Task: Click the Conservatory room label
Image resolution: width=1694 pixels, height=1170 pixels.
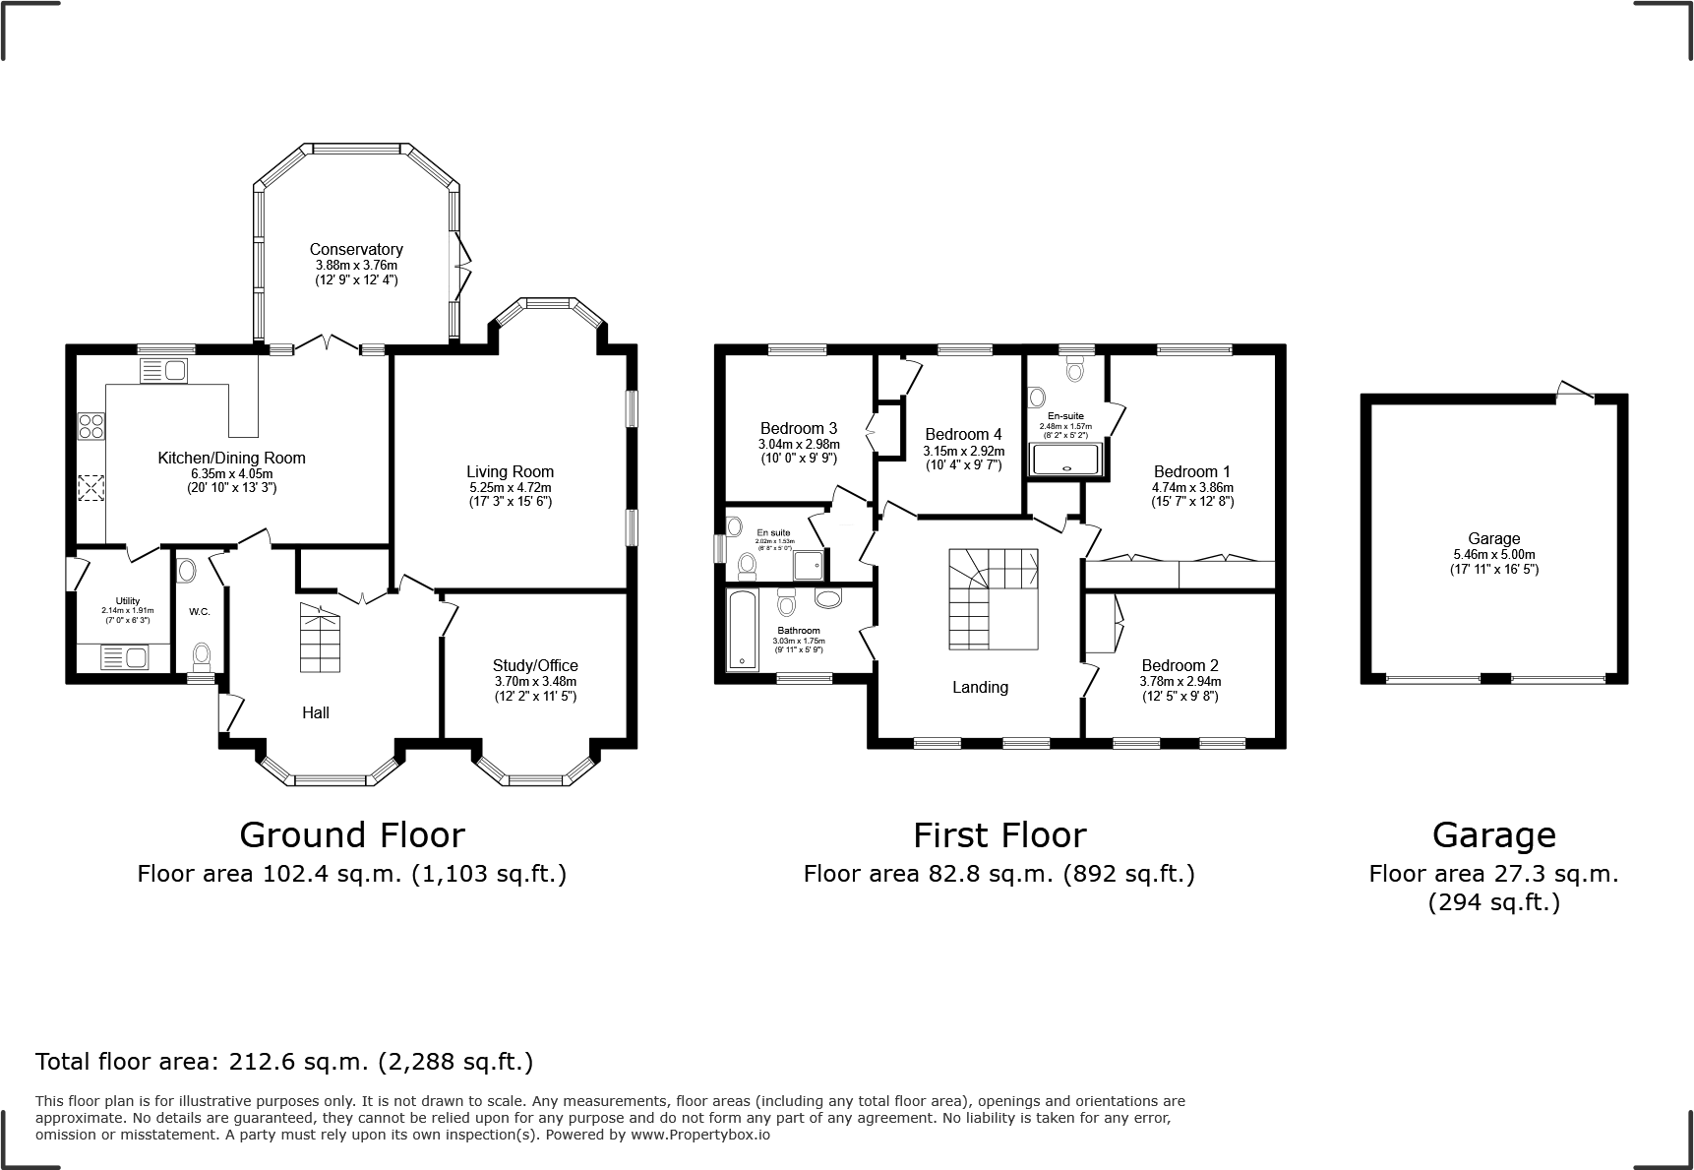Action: (356, 249)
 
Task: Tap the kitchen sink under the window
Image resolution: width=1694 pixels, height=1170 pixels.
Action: (163, 371)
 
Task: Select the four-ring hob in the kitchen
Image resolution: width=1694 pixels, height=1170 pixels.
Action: (91, 426)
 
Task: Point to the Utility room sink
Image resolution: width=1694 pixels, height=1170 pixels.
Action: (124, 656)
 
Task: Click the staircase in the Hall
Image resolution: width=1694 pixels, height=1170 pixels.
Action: (320, 638)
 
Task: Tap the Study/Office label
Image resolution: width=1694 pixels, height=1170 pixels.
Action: (535, 665)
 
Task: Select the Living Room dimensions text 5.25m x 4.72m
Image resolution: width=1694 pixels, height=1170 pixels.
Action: (510, 487)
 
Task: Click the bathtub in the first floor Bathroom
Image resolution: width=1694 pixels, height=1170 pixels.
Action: (741, 630)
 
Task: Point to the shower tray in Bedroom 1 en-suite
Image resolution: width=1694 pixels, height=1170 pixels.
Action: (1065, 460)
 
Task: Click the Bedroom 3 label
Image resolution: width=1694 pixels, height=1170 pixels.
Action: (798, 428)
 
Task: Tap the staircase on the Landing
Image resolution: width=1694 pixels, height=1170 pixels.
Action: (994, 598)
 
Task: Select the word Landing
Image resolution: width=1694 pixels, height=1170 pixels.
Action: (980, 687)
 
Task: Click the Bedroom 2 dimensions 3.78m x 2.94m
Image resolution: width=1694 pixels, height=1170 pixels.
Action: (1180, 681)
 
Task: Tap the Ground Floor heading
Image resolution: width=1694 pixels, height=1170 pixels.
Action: (351, 834)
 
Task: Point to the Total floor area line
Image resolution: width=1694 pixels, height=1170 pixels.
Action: (284, 1062)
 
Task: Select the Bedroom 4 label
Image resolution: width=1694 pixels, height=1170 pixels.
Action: (963, 434)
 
